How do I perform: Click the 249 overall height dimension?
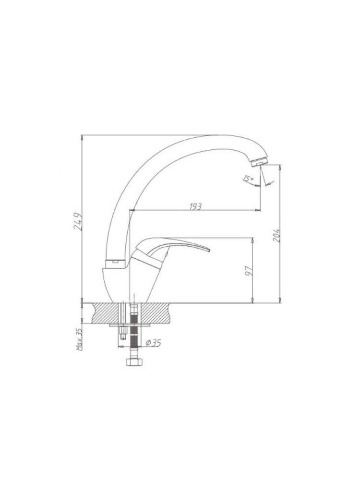click(x=78, y=221)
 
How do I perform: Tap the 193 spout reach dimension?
click(x=195, y=206)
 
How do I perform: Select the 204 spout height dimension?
click(x=276, y=235)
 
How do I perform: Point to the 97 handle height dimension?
click(x=250, y=271)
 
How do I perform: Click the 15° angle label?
click(x=248, y=179)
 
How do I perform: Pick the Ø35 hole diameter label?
click(x=153, y=343)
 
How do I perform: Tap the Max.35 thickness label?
click(x=79, y=339)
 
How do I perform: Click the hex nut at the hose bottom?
click(x=134, y=361)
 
